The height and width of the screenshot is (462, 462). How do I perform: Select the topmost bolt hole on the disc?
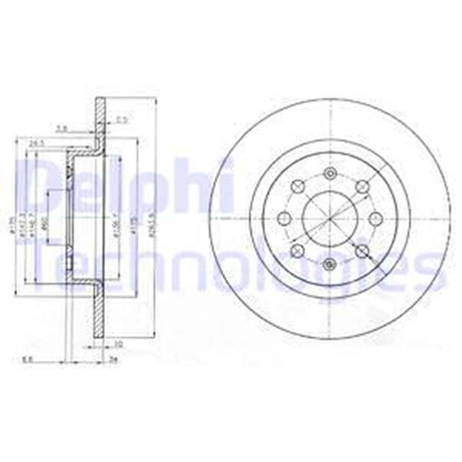[329, 174]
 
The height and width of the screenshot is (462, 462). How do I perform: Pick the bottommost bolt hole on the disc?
[329, 264]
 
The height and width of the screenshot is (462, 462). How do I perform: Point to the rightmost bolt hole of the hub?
[375, 219]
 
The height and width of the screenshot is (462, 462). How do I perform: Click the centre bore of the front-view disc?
[329, 219]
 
